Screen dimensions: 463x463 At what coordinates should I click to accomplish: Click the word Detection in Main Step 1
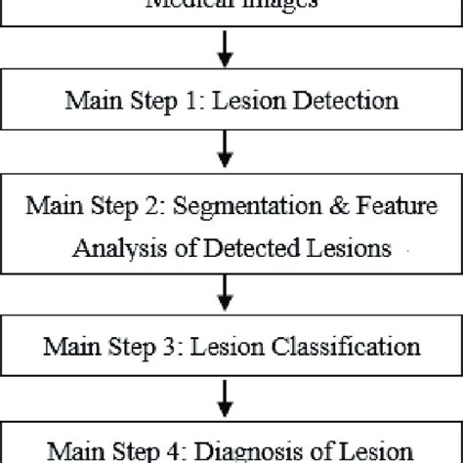(x=340, y=100)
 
